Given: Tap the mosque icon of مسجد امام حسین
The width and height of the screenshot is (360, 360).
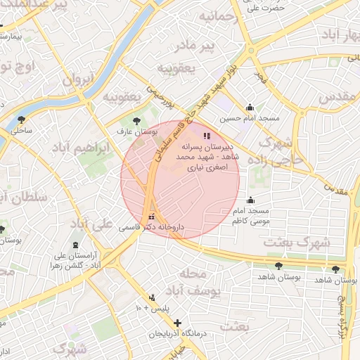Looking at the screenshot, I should tap(250, 108).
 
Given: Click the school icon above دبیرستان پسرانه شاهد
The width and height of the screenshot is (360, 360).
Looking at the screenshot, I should tap(206, 136).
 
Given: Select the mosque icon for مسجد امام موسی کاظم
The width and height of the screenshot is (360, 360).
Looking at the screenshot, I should tap(251, 200).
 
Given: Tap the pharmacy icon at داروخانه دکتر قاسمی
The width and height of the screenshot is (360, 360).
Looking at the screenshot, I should tap(152, 217).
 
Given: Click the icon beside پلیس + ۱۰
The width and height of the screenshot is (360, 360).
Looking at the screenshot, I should tap(153, 297).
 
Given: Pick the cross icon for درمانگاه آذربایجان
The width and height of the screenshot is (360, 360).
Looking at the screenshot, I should tap(177, 323).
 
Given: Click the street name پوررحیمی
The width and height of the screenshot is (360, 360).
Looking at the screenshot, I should tap(159, 97).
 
